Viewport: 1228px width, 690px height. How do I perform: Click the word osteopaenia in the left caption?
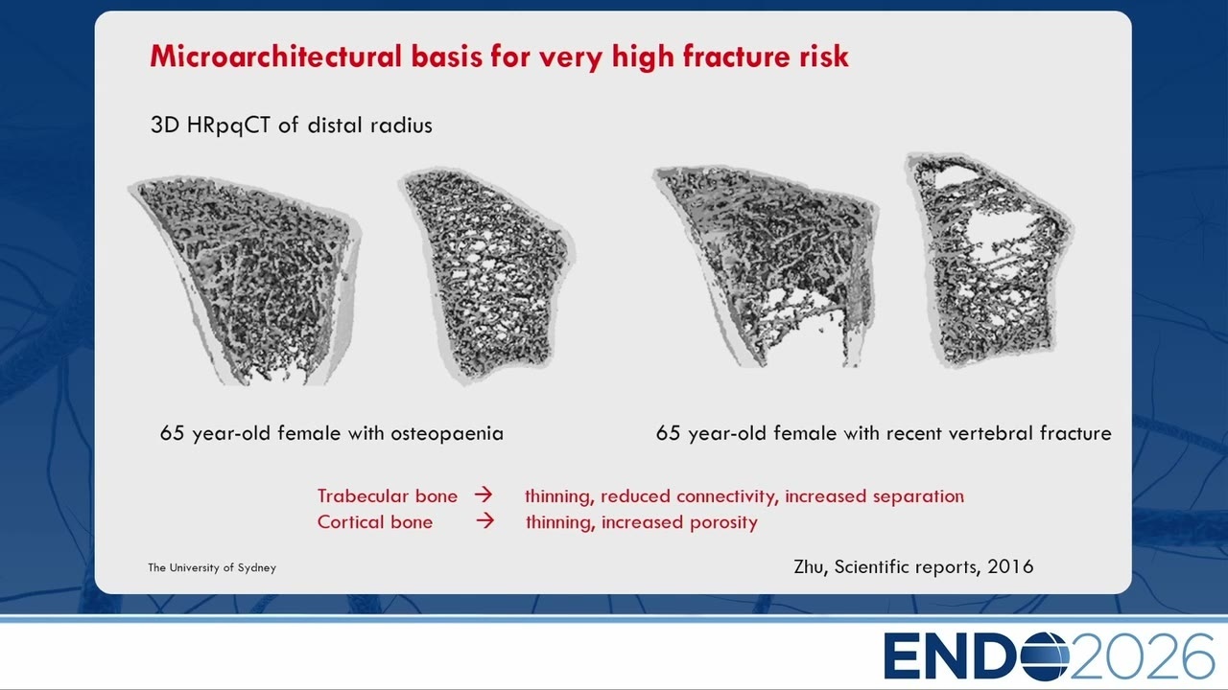[447, 434]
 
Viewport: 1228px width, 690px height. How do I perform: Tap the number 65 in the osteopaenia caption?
[172, 433]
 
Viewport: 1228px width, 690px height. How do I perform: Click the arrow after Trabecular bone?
[484, 494]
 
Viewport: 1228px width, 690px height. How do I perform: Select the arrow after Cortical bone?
[484, 520]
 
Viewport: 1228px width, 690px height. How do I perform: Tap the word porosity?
[723, 523]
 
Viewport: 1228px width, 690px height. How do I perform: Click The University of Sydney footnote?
[212, 568]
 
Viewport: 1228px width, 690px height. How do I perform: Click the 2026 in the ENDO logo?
[1142, 656]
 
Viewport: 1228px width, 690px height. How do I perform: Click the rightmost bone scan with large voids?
[989, 260]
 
